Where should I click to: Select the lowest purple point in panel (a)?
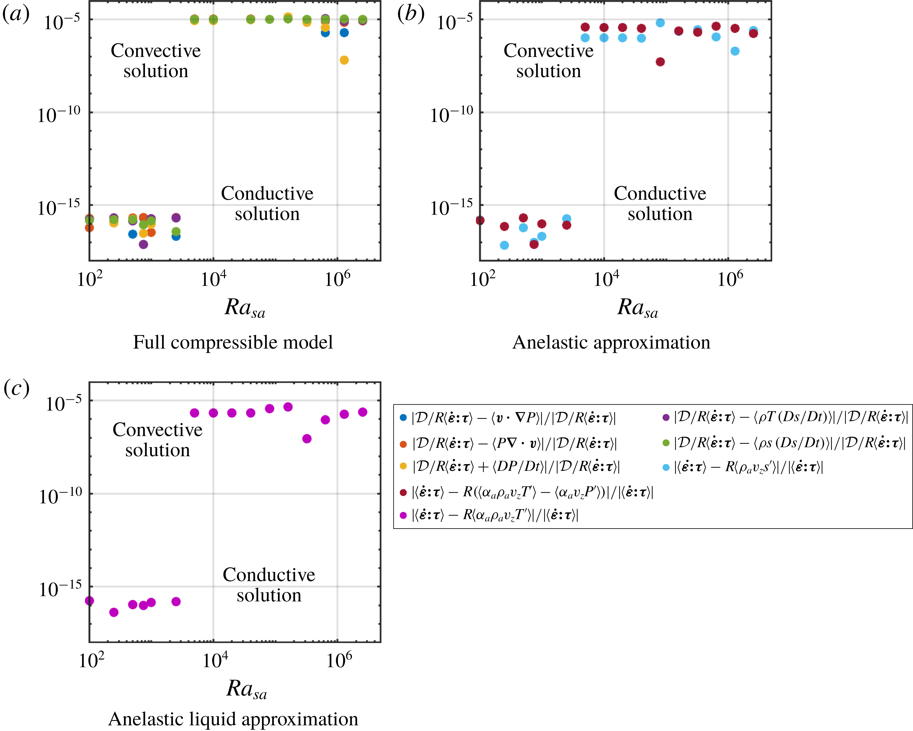pyautogui.click(x=143, y=244)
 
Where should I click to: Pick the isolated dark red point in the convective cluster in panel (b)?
pyautogui.click(x=660, y=62)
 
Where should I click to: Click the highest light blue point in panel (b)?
pyautogui.click(x=660, y=23)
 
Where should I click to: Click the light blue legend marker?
pyautogui.click(x=666, y=467)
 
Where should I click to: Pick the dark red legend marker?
pyautogui.click(x=403, y=492)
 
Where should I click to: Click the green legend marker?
pyautogui.click(x=666, y=443)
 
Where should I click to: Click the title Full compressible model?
pyautogui.click(x=233, y=342)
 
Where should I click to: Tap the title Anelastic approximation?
pyautogui.click(x=611, y=342)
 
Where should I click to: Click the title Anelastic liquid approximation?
pyautogui.click(x=233, y=719)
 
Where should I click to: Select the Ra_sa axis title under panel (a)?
pyautogui.click(x=245, y=308)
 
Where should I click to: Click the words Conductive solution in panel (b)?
pyautogui.click(x=660, y=204)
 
